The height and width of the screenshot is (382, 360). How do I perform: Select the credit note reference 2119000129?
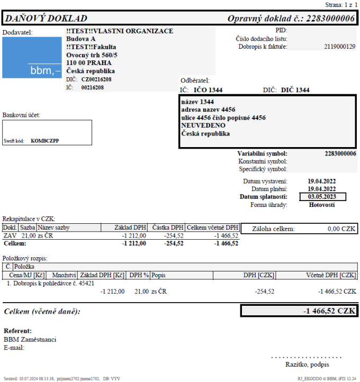pos(339,47)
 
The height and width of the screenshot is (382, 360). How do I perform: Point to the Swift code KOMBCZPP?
pos(46,141)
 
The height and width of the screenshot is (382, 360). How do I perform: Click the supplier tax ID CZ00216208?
pos(96,79)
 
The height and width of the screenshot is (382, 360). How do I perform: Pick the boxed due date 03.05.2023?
pos(321,196)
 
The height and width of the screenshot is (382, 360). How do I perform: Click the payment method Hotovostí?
pos(321,205)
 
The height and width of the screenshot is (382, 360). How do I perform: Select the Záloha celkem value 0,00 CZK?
pos(341,229)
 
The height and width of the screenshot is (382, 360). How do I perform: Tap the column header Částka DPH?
pos(167,227)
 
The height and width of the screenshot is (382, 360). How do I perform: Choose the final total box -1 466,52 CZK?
pos(299,311)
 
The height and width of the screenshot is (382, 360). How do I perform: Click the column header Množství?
pos(64,275)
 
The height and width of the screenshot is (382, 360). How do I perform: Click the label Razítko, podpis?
pos(307,364)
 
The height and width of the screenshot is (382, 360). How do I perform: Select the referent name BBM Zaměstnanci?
pos(30,339)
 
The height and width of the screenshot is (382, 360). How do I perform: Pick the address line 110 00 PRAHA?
pos(88,63)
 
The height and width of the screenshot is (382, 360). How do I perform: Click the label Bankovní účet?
pos(21,115)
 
